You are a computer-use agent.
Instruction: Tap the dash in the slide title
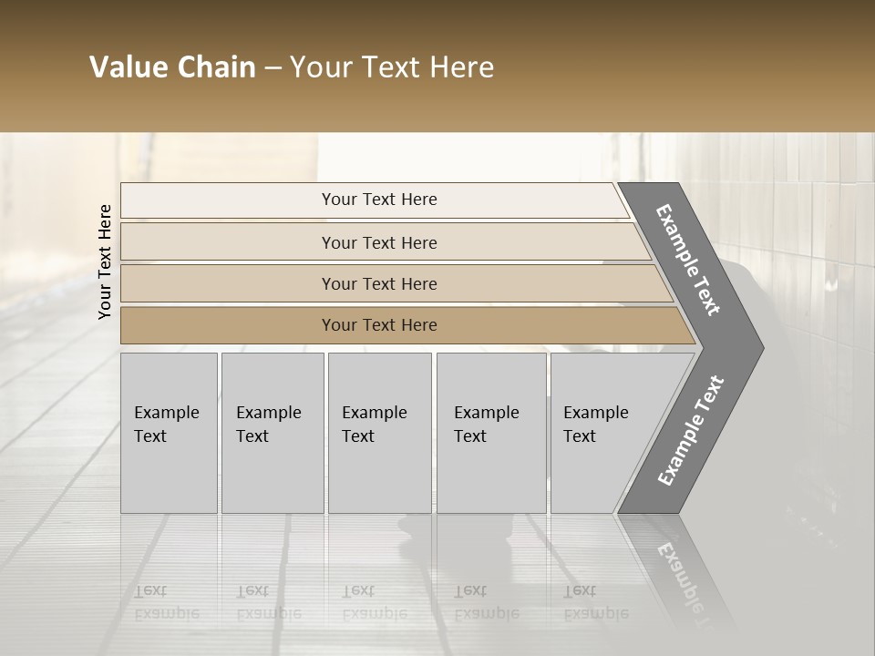click(273, 68)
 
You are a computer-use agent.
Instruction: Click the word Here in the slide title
click(463, 67)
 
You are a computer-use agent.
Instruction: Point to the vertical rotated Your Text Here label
click(105, 261)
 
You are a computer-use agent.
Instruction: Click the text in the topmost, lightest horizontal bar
click(379, 200)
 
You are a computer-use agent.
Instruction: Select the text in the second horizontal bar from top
click(379, 243)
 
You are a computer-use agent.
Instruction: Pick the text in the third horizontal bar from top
click(379, 284)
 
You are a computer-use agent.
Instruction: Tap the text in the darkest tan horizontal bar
click(379, 325)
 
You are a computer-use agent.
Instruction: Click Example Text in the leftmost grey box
click(166, 425)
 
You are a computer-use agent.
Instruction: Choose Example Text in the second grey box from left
click(268, 425)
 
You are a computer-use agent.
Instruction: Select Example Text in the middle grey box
click(374, 425)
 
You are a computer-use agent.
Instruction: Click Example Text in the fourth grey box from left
click(486, 425)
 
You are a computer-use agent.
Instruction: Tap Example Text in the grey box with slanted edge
click(595, 425)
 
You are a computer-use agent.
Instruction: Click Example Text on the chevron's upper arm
click(688, 260)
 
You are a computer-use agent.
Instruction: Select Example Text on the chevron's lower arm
click(691, 431)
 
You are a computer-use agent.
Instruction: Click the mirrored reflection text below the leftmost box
click(166, 602)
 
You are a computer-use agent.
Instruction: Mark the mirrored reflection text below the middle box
click(374, 602)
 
